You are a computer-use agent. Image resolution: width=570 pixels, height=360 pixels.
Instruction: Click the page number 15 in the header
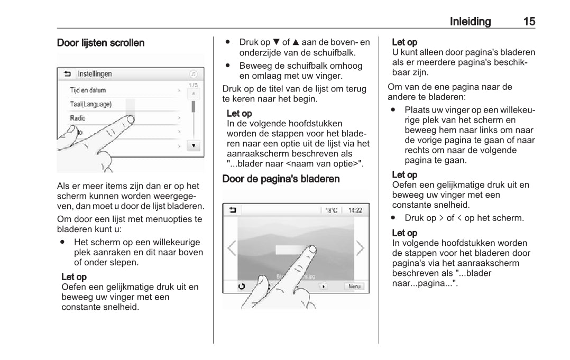coord(529,22)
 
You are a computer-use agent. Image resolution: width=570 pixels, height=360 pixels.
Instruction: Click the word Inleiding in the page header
coord(470,22)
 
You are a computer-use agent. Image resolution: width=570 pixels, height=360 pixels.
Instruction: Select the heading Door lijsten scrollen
coord(100,43)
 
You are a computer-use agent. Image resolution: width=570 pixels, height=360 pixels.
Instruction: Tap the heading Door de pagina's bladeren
coord(281,179)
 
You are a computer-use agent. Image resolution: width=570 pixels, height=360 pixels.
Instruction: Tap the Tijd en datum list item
coord(88,90)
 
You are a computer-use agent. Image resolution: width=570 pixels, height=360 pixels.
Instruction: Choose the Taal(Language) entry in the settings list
coord(91,104)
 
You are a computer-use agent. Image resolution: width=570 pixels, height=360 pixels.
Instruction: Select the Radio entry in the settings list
coord(78,118)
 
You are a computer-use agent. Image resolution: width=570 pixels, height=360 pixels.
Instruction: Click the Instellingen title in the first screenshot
coord(95,74)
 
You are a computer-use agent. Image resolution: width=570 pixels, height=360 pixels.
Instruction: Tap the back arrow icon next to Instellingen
coord(67,74)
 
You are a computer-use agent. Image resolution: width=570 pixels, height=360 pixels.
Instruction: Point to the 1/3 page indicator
coord(194,85)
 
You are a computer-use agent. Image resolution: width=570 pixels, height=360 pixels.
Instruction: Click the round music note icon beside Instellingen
coord(194,74)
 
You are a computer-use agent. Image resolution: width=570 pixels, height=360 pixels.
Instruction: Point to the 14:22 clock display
coord(355,210)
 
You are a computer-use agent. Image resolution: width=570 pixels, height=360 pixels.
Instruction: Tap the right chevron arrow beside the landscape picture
coord(360,248)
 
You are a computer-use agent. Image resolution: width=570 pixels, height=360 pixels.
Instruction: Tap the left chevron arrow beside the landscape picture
coord(232,248)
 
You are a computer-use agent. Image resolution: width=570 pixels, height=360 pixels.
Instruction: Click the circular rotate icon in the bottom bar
coord(242,286)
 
